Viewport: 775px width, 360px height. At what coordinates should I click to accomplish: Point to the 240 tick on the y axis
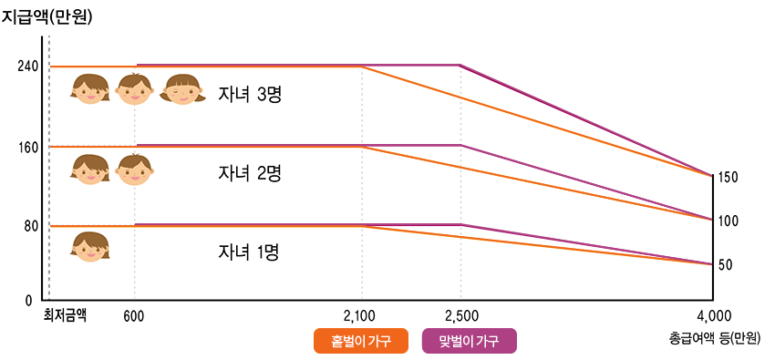[27, 67]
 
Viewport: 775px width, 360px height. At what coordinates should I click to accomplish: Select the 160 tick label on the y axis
[27, 146]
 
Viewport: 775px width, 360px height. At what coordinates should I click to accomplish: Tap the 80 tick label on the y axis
[30, 225]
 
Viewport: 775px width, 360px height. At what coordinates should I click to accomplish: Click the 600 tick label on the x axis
[134, 316]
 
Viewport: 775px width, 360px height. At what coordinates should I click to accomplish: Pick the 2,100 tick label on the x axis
[360, 316]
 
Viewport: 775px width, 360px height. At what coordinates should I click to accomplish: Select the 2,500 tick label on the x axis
[461, 316]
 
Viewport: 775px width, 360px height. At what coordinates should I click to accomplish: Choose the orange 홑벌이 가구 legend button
[360, 341]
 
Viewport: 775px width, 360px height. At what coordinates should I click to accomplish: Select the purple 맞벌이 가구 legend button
[470, 341]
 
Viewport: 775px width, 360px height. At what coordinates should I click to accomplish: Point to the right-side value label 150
[728, 177]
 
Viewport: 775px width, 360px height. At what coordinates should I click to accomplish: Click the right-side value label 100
[728, 221]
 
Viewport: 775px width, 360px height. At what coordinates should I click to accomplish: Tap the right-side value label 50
[725, 264]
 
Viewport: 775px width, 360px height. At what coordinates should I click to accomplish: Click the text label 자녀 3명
[248, 94]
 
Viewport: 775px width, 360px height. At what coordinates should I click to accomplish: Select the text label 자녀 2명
[248, 173]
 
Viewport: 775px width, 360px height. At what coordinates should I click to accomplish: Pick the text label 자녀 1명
[248, 252]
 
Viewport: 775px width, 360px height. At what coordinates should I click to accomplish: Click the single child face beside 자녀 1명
[90, 247]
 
